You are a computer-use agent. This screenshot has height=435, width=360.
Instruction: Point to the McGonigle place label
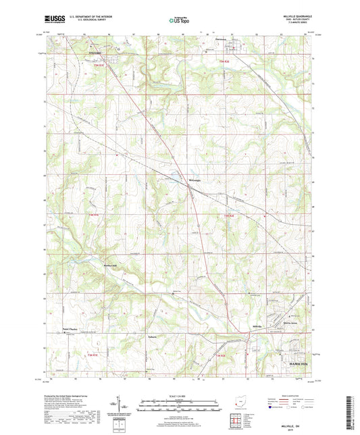[176, 179]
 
